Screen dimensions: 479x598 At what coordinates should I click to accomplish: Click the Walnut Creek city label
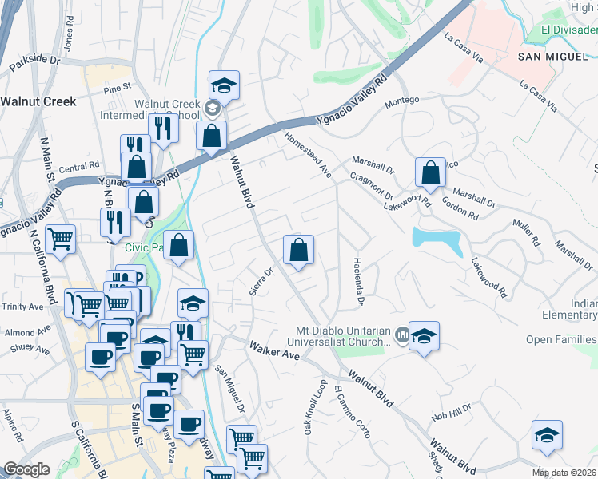tap(38, 101)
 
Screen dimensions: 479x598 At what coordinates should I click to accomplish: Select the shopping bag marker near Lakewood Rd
tap(430, 172)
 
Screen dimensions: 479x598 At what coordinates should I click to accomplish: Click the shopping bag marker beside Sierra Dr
tap(298, 250)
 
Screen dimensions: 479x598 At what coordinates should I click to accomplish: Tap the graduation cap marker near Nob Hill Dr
tap(547, 436)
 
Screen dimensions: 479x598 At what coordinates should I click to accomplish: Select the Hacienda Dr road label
tap(359, 283)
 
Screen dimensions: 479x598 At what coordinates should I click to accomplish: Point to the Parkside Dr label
tap(34, 61)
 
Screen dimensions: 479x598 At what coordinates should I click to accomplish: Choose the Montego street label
tap(402, 100)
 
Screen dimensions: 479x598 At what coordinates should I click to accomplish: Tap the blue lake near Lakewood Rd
tap(436, 238)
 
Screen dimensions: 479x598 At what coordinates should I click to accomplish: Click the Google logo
tap(26, 469)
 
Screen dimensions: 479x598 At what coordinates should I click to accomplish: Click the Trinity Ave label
tap(24, 307)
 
